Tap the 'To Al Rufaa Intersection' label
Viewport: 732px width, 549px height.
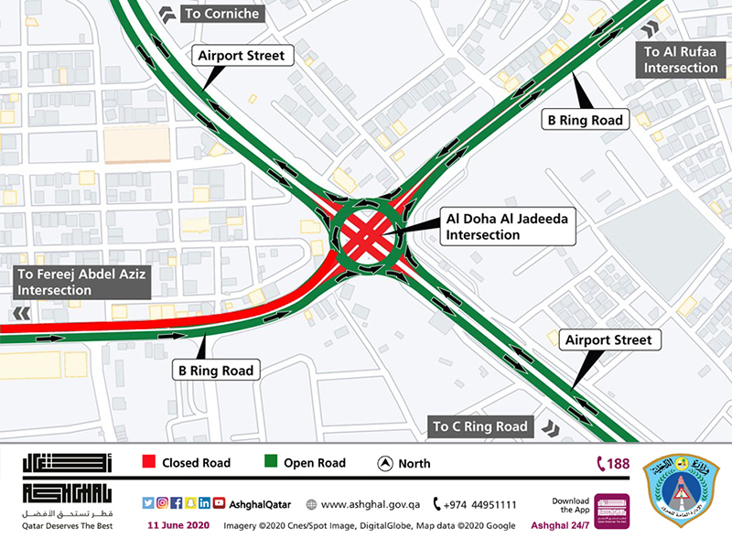(681, 60)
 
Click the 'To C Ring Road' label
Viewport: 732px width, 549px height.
(482, 426)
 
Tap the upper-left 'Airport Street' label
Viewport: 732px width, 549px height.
(242, 56)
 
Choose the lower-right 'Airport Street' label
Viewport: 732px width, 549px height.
(608, 340)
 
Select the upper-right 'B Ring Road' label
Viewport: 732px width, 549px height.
(586, 120)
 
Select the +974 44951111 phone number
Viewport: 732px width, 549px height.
(475, 504)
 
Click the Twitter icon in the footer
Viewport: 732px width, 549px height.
(147, 503)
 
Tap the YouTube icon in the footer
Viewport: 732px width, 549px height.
(219, 503)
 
